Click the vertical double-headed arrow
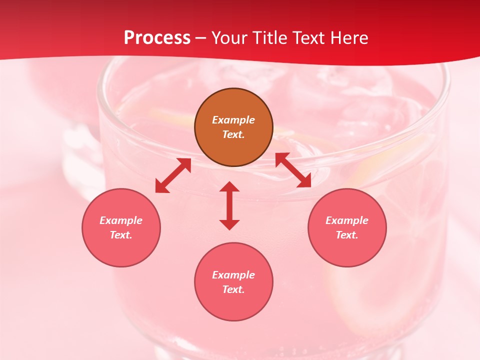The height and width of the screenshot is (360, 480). coord(229,205)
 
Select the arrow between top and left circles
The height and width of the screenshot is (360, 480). coord(173,175)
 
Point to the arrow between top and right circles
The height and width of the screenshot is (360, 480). coord(293,170)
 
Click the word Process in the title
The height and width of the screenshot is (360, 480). coord(157,37)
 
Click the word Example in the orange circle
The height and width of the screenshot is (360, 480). coord(233,120)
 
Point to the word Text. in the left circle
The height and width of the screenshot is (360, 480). coord(121,235)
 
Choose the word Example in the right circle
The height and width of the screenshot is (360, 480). coord(347,220)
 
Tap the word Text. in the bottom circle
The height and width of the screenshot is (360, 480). coord(233,289)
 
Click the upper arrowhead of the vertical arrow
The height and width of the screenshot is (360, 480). coord(229,186)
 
